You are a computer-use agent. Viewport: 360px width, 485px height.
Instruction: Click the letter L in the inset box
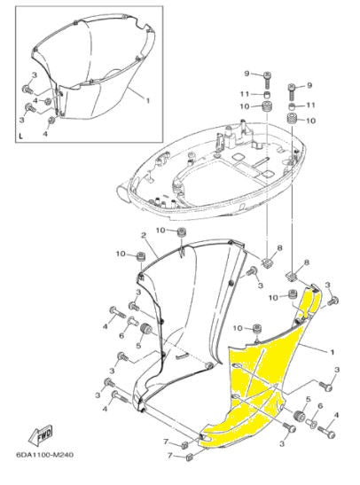tap(20, 135)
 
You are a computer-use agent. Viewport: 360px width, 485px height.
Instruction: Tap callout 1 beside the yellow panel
tap(333, 352)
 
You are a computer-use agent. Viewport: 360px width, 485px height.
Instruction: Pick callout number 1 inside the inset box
tap(146, 101)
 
